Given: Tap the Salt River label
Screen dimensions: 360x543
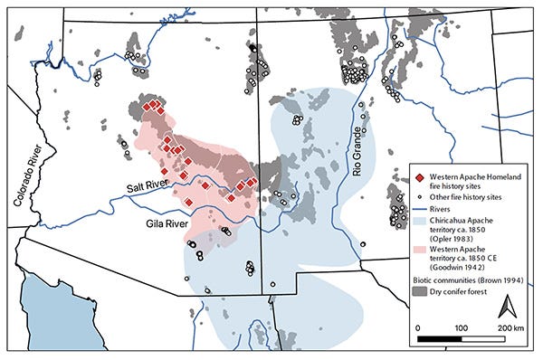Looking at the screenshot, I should (149, 186).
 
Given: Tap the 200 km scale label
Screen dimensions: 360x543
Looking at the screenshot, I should (510, 327).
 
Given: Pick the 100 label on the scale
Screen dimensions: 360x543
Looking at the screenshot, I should (461, 327).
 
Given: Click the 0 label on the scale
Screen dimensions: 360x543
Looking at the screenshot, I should (417, 327).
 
